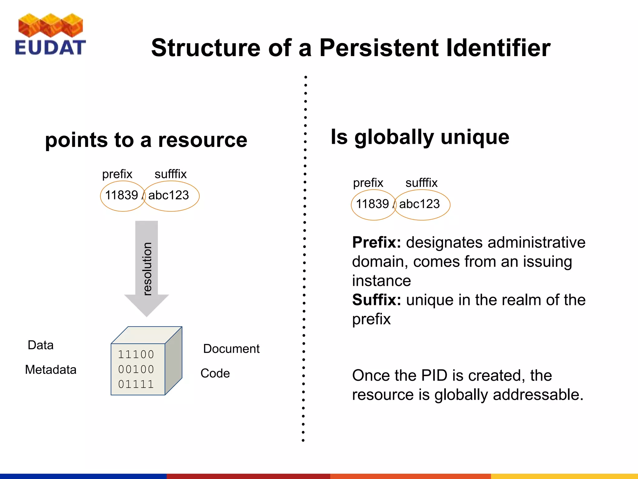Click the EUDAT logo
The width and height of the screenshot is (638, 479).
click(x=50, y=35)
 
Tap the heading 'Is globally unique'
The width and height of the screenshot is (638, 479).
click(x=420, y=137)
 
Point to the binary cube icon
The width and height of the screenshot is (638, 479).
click(x=146, y=361)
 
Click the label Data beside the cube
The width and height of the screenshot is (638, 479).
click(x=40, y=345)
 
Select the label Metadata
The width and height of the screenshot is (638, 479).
click(x=50, y=370)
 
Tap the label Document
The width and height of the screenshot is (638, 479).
click(x=231, y=349)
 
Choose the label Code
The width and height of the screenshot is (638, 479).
click(x=215, y=373)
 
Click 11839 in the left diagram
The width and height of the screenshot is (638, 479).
click(x=121, y=196)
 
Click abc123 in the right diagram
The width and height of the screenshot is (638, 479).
click(x=419, y=204)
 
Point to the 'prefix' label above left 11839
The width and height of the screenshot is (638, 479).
click(x=117, y=174)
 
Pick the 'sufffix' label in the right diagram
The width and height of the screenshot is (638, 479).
click(x=421, y=183)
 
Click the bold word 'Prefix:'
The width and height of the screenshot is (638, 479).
click(x=376, y=243)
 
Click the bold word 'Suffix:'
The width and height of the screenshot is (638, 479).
click(x=376, y=300)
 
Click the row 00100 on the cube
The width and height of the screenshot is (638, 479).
click(x=136, y=370)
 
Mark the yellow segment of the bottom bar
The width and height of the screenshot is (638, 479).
click(x=564, y=476)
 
